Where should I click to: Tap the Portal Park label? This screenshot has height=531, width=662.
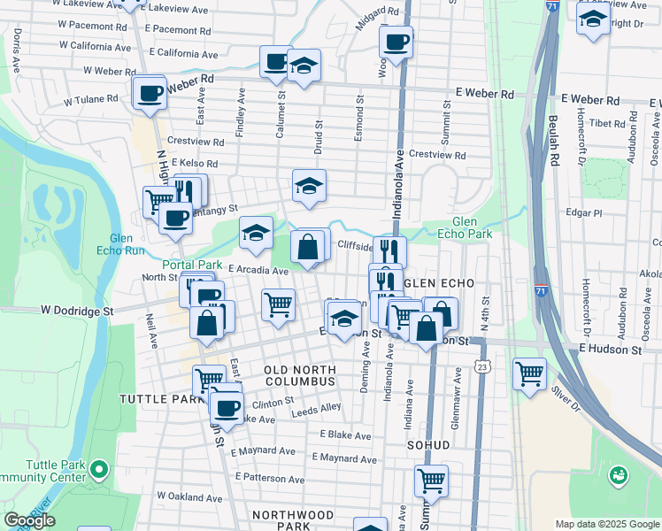pyautogui.click(x=191, y=265)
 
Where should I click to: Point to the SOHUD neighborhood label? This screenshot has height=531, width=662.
pyautogui.click(x=429, y=444)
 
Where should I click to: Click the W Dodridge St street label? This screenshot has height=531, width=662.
pyautogui.click(x=77, y=312)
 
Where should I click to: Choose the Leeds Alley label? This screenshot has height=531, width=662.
pyautogui.click(x=318, y=407)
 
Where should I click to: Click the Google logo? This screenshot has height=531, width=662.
pyautogui.click(x=29, y=520)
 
